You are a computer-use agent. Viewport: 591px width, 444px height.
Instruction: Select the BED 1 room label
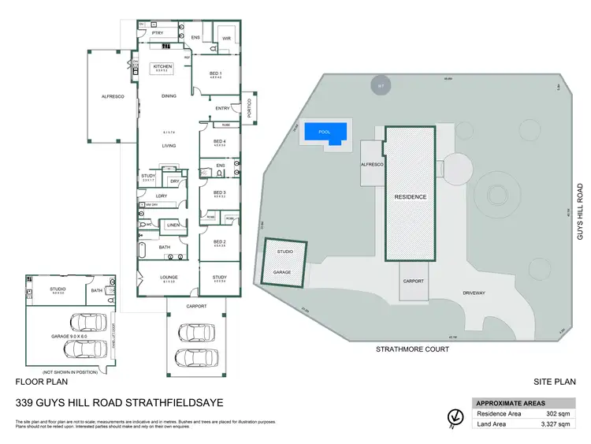216,73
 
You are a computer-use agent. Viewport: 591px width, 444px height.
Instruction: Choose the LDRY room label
161,196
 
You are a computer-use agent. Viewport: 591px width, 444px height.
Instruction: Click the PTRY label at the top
157,33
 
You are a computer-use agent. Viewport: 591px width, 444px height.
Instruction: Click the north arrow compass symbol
454,416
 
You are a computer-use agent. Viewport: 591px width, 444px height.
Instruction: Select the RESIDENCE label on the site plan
411,196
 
